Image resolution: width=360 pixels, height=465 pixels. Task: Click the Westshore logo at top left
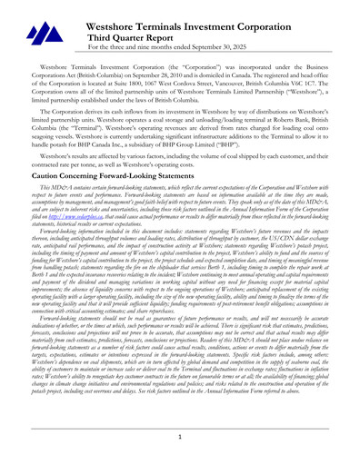37,35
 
